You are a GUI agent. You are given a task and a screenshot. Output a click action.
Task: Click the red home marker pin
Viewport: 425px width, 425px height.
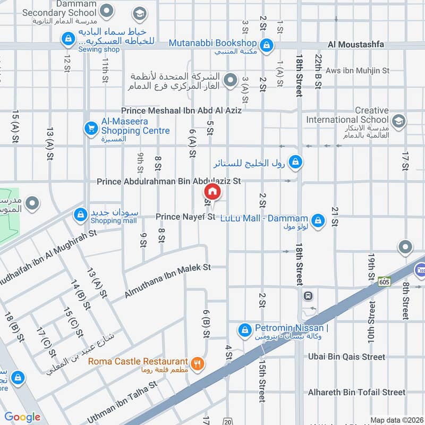[x=211, y=191]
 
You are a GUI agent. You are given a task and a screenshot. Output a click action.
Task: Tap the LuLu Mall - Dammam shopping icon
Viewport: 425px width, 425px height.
[x=318, y=220]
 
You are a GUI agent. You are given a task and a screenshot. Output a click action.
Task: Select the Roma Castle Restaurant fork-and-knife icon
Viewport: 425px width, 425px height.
[x=197, y=364]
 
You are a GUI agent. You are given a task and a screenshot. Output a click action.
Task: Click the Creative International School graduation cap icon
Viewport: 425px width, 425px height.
[x=399, y=121]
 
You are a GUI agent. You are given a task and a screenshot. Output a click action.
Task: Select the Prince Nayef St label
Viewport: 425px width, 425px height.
[x=185, y=217]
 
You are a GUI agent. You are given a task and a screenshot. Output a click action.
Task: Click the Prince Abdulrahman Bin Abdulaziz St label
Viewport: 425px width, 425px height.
[x=169, y=181]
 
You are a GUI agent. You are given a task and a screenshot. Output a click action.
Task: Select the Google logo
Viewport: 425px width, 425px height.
[x=22, y=417]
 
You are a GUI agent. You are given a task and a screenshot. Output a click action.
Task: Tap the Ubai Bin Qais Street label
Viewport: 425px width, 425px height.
[x=346, y=357]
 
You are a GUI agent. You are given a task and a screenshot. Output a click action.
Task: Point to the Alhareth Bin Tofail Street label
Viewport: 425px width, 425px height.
[x=356, y=392]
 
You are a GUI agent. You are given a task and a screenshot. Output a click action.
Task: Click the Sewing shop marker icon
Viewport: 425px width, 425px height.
[x=68, y=39]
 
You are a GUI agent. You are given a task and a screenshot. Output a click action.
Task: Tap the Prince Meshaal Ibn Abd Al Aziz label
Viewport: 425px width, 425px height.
[x=181, y=110]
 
